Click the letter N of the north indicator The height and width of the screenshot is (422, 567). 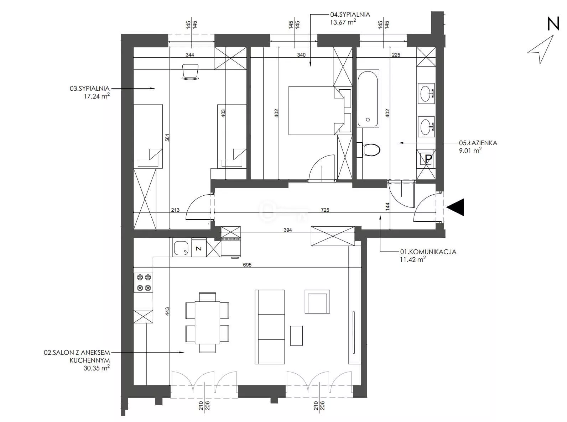point(553,24)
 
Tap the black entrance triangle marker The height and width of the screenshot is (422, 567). point(455,207)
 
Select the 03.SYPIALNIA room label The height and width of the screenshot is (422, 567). point(89,89)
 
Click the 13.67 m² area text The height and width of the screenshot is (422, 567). point(343,22)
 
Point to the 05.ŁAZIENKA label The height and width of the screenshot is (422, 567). point(478,143)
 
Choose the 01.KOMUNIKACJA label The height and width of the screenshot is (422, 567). point(428,252)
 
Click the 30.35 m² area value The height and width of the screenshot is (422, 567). point(97,368)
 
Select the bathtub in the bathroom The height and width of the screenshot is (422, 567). point(368,98)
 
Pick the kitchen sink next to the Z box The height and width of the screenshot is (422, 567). point(181,247)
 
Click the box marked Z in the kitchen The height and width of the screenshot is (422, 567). point(199,248)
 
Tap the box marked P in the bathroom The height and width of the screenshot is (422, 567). point(426,159)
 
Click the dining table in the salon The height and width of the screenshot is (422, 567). point(207,323)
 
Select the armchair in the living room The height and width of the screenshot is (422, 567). point(317,301)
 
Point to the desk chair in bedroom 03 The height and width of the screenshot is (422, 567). point(191,72)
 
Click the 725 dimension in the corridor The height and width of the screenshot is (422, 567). point(325,210)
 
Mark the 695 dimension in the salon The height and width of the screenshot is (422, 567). point(247,265)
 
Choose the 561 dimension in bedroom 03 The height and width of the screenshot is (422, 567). point(167,138)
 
